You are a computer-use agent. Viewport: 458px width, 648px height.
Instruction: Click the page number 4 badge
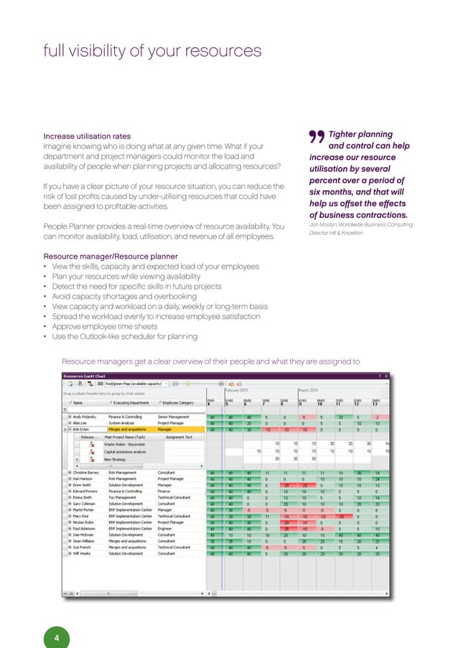point(57,618)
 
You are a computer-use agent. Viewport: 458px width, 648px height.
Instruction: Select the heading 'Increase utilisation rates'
point(87,135)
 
